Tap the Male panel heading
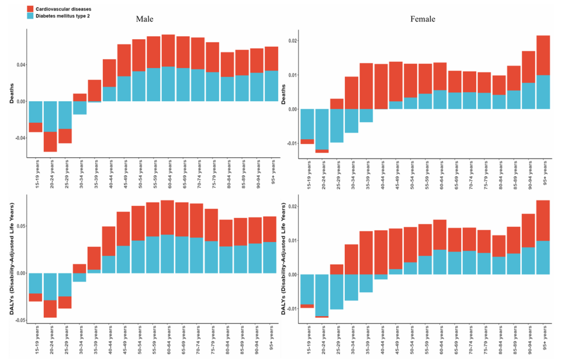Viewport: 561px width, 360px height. pos(145,19)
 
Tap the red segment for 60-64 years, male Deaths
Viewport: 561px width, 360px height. pos(168,50)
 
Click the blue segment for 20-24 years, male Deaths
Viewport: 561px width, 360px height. pos(51,116)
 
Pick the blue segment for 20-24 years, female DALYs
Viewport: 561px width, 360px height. pos(321,295)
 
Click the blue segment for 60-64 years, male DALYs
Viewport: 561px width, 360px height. pos(168,254)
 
